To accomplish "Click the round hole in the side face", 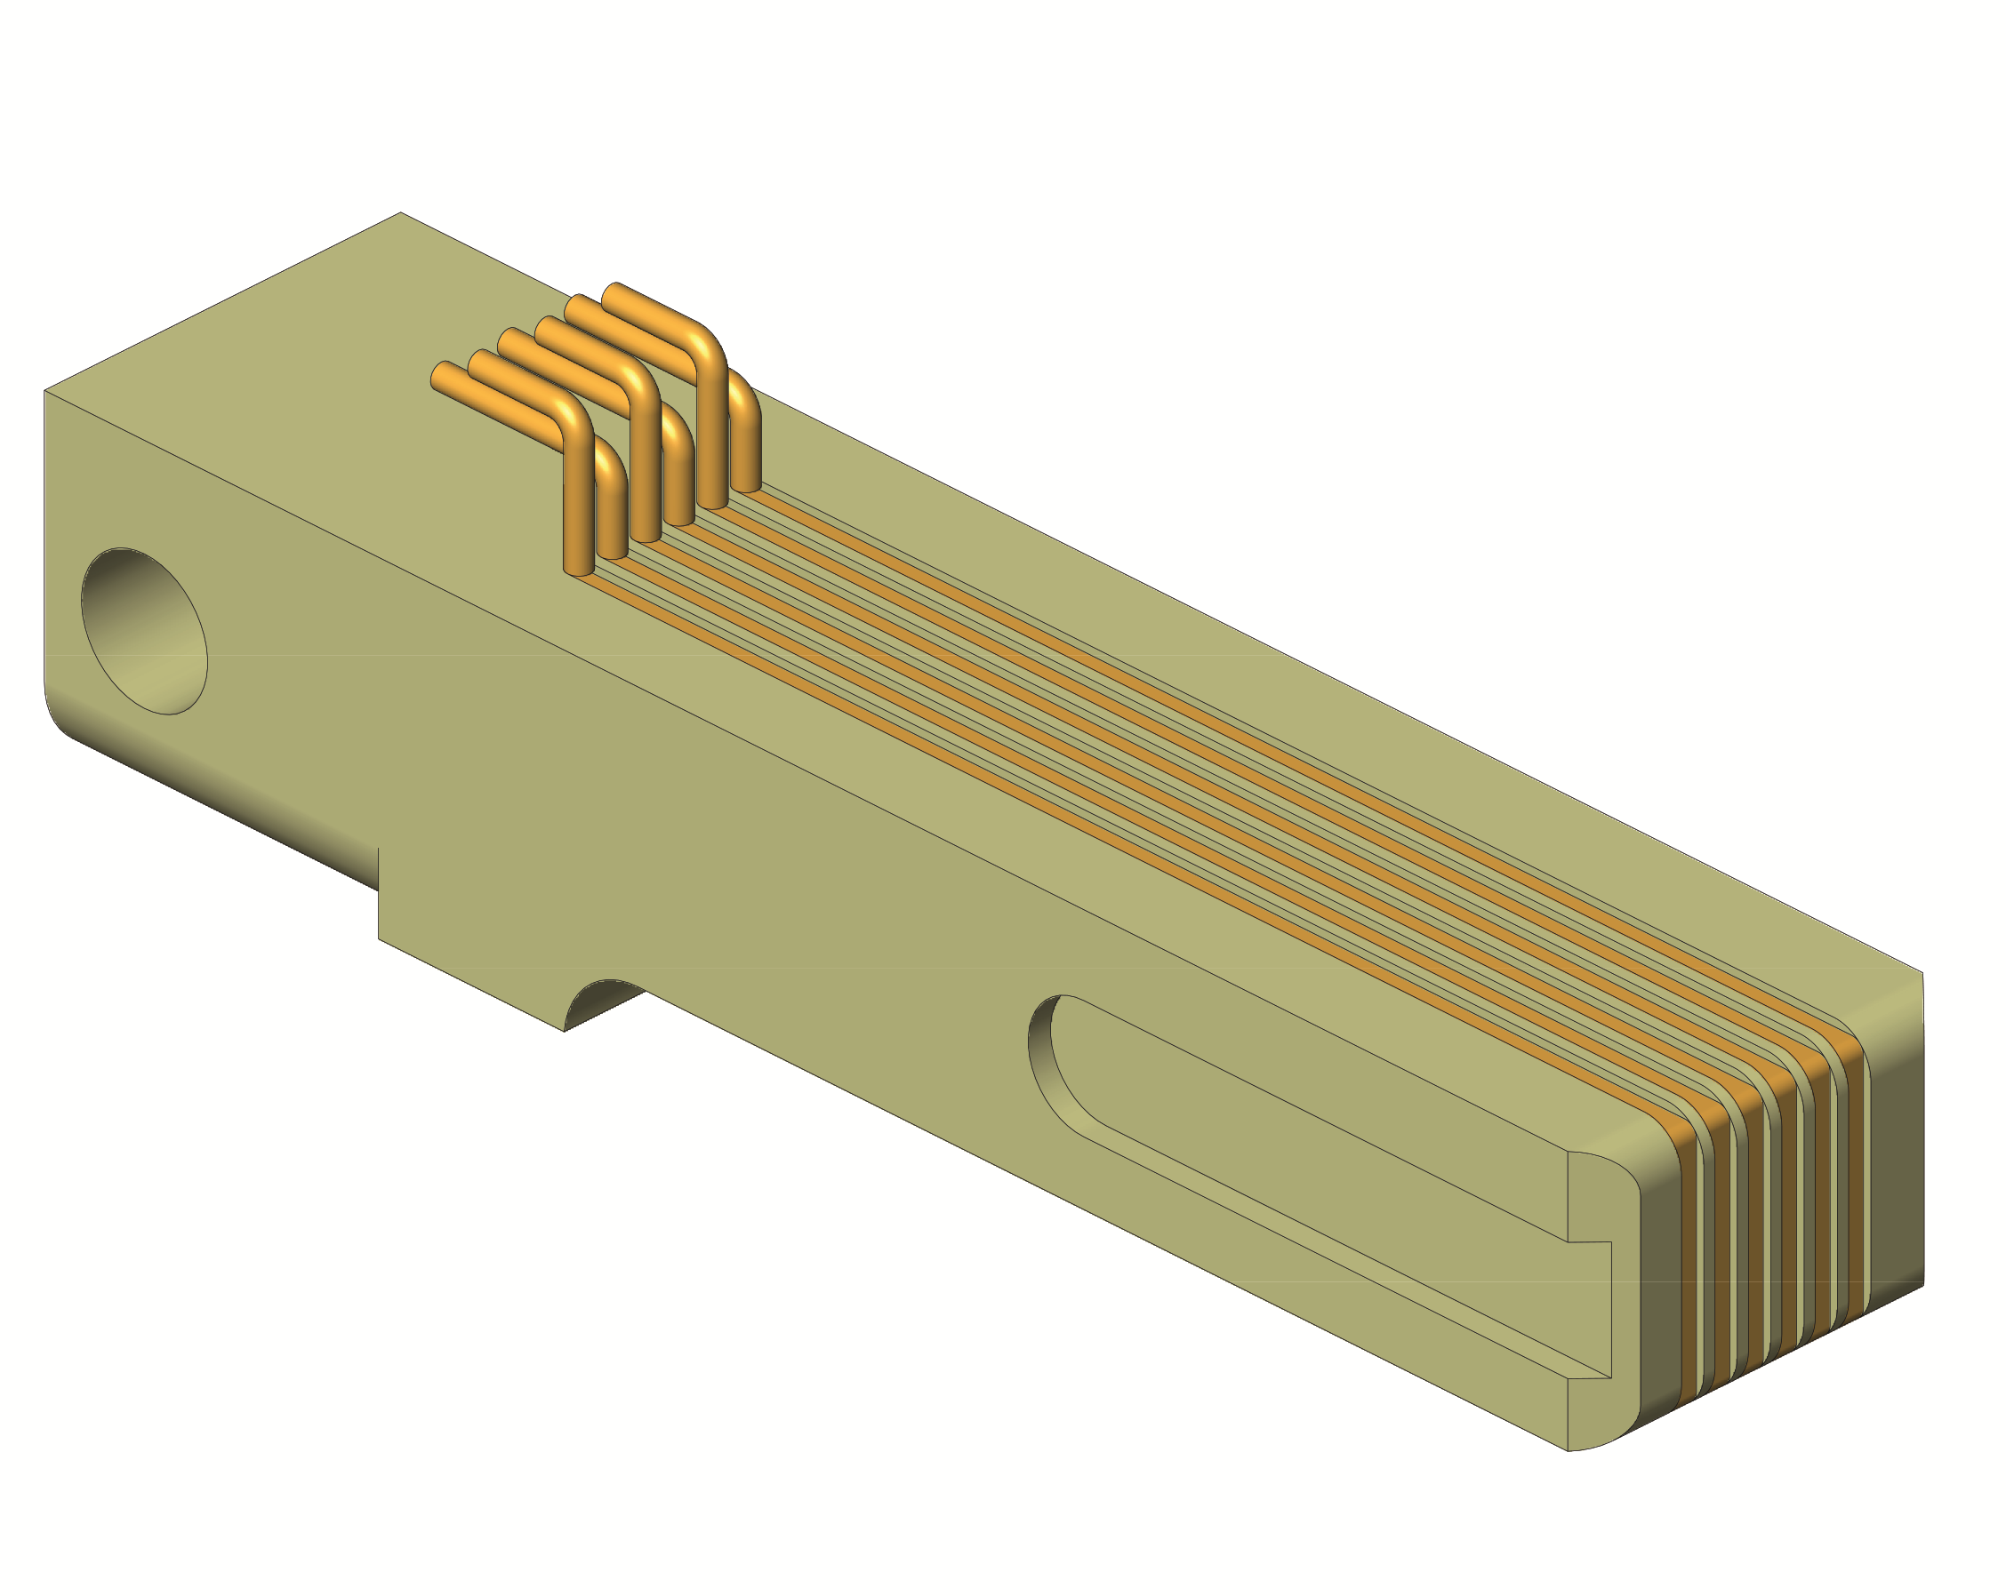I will pos(144,631).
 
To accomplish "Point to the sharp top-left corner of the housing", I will pos(45,392).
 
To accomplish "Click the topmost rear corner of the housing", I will pos(401,213).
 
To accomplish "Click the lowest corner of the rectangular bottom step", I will pos(564,1031).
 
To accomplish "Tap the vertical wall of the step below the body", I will pos(379,893).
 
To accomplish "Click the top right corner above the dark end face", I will pos(1922,973).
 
